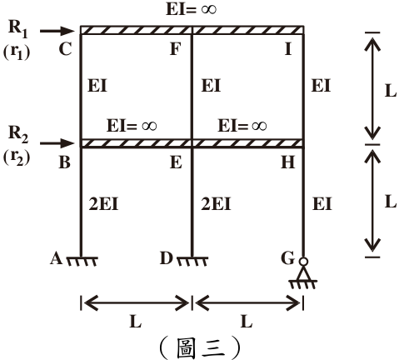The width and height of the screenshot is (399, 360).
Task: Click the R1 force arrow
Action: (x=57, y=31)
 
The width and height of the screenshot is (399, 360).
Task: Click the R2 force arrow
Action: (x=57, y=143)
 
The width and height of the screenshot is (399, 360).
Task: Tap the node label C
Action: (x=66, y=49)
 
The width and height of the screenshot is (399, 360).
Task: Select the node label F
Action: (x=176, y=49)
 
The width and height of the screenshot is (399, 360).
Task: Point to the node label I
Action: (x=288, y=49)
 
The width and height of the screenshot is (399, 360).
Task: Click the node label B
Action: (x=65, y=162)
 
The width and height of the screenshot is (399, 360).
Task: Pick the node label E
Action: (x=176, y=162)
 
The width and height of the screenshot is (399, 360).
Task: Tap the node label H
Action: (x=287, y=162)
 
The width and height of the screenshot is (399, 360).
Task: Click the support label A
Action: (x=56, y=258)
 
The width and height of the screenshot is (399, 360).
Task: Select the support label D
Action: (x=167, y=258)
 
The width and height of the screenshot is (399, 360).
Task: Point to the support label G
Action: (x=287, y=258)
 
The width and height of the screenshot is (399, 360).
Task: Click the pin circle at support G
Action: (x=303, y=262)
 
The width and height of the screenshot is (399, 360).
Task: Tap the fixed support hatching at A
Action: (x=82, y=262)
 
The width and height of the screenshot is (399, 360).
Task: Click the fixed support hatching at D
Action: (x=192, y=262)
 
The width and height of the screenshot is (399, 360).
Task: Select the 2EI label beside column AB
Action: (x=103, y=204)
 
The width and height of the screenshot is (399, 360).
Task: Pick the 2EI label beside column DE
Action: (x=216, y=204)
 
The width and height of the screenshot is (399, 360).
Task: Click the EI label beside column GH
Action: (x=322, y=204)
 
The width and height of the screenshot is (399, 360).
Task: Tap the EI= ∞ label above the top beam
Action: (x=191, y=9)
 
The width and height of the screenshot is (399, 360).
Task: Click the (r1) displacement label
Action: (x=17, y=52)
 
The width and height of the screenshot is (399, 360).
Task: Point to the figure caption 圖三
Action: (x=200, y=347)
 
